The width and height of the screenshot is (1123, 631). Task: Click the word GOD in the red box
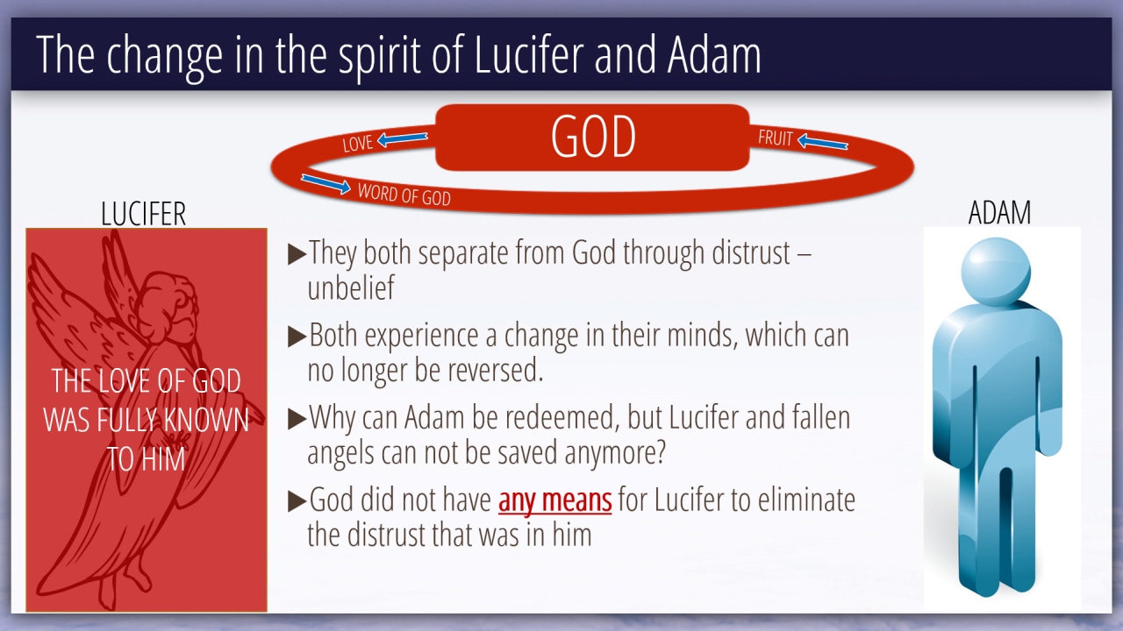(593, 136)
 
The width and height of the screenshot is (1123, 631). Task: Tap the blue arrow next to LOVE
(403, 138)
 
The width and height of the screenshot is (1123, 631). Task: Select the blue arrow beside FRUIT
(822, 142)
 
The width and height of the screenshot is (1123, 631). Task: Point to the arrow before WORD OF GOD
(325, 184)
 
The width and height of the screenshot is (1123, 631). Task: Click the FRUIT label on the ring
(775, 138)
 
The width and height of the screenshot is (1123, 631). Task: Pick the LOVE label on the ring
(357, 143)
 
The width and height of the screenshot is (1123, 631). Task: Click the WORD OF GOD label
(404, 195)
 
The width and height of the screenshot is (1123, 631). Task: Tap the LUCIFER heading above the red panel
(143, 214)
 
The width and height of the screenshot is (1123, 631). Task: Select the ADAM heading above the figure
(999, 212)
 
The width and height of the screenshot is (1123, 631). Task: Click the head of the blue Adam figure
(996, 271)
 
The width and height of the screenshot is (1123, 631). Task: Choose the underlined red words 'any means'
(555, 500)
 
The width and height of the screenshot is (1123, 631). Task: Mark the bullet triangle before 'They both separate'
(297, 254)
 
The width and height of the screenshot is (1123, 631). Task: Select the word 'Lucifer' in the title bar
(528, 54)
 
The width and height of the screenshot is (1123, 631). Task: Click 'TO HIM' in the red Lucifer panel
(146, 458)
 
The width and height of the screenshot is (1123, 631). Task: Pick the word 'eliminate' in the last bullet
(806, 500)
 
